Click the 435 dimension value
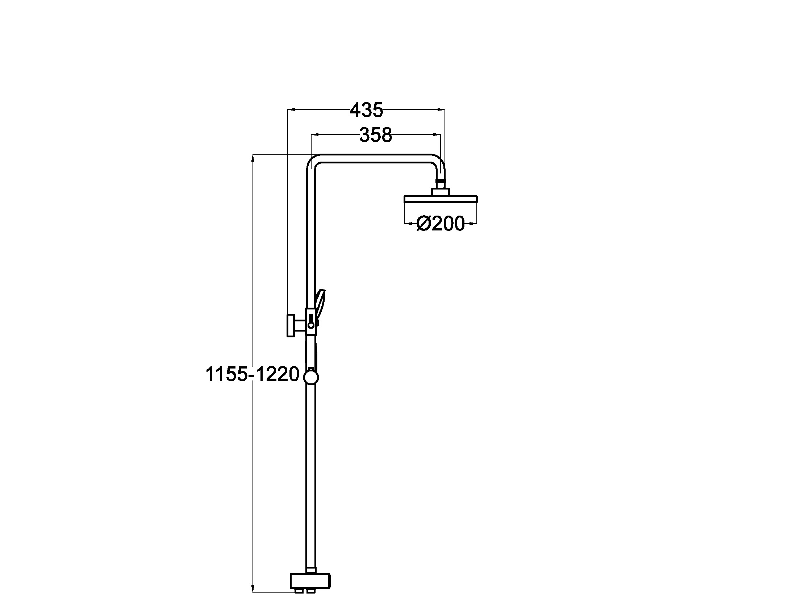366,110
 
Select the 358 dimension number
376,135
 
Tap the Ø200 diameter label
441,223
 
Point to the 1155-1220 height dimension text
253,374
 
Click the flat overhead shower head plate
441,199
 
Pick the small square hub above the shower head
441,192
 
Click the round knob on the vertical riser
311,377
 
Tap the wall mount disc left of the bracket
291,325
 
